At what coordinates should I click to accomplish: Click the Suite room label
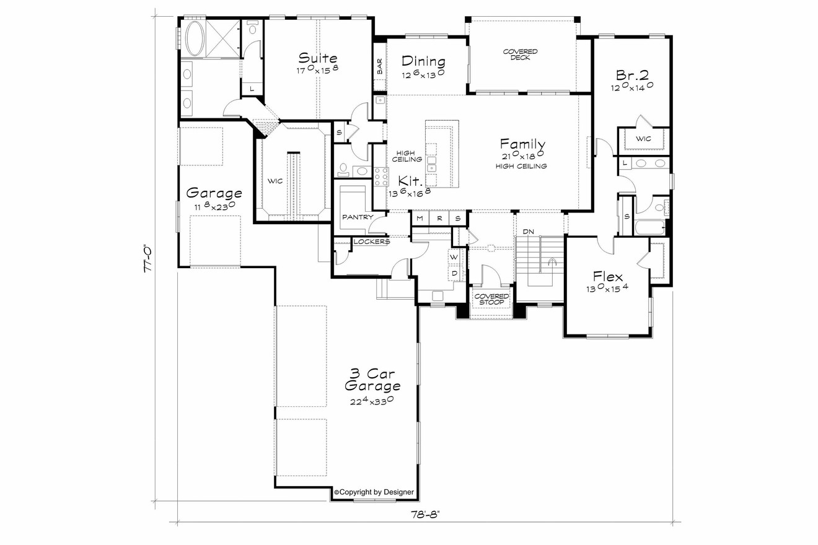point(318,59)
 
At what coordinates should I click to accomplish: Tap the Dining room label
point(423,61)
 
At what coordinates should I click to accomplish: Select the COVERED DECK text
point(520,54)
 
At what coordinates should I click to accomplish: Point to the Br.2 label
point(632,75)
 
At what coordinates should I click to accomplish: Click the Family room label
point(523,144)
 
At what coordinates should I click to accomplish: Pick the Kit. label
point(410,181)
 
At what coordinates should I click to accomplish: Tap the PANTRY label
point(358,217)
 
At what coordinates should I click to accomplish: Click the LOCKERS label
point(371,242)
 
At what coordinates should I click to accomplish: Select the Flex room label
point(607,276)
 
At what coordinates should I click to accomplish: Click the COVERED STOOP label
point(491,299)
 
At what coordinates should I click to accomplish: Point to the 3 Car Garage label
point(372,380)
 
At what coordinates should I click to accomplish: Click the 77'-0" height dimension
point(147,259)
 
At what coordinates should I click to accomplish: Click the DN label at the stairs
point(528,231)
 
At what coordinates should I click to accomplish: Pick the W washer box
point(454,257)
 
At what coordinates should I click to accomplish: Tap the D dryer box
point(454,272)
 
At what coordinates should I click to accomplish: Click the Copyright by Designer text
point(374,492)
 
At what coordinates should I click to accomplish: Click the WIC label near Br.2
point(643,139)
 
